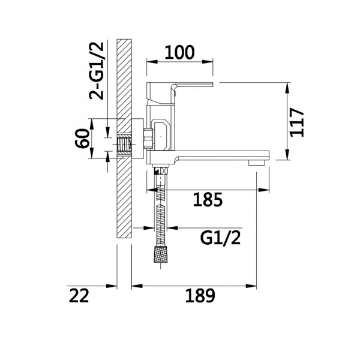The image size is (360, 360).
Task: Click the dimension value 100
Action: click(179, 52)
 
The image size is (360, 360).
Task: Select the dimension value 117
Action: click(296, 122)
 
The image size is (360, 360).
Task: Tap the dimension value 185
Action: click(208, 199)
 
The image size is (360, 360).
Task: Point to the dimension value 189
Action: click(200, 295)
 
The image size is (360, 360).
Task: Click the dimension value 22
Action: click(79, 295)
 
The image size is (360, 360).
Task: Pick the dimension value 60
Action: click(82, 139)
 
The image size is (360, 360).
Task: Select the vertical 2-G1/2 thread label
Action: click(97, 71)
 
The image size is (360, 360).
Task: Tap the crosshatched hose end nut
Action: click(160, 253)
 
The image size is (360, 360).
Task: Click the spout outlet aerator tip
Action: click(257, 163)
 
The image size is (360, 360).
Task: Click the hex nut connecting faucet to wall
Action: click(149, 139)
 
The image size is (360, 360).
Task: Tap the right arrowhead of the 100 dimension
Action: click(208, 62)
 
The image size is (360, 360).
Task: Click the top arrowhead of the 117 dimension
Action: click(287, 88)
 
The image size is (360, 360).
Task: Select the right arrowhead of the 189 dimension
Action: click(251, 286)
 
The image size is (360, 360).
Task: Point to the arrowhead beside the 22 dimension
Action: click(112, 286)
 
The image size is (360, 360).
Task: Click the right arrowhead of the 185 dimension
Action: click(264, 190)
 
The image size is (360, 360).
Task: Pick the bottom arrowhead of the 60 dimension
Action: click(91, 153)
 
